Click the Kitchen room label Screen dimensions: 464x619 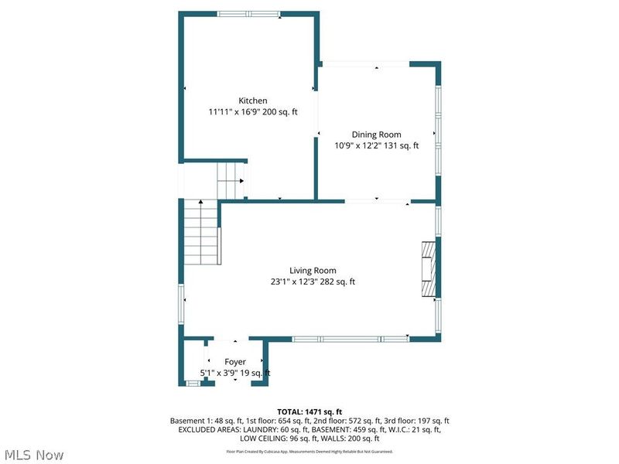point(252,101)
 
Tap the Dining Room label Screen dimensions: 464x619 point(376,134)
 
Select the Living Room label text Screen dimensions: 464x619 point(313,270)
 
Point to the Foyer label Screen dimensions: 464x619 point(235,361)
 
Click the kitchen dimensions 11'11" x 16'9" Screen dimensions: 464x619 point(235,112)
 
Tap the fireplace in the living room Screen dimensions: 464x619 point(428,269)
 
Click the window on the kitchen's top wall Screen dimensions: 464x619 point(248,14)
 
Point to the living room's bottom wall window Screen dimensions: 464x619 point(350,339)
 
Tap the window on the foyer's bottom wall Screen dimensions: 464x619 point(193,384)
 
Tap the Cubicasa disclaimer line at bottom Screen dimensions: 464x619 point(309,452)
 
